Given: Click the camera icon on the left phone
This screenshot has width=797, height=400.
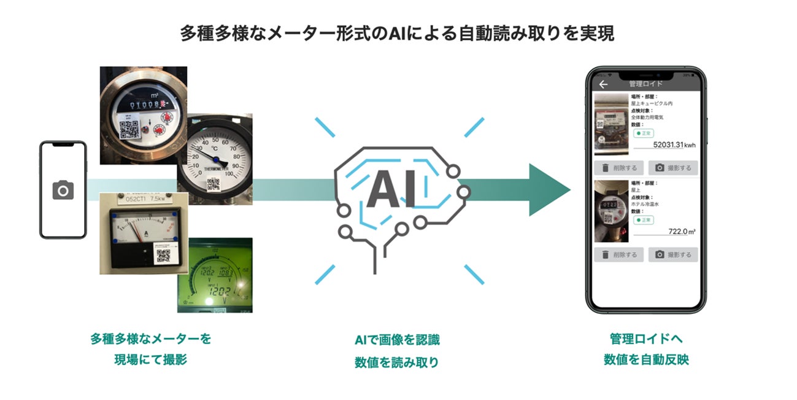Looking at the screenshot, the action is point(63,190).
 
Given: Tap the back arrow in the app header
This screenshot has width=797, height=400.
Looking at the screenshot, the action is point(603,84).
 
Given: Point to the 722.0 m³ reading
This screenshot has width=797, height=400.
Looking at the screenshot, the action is point(681,232).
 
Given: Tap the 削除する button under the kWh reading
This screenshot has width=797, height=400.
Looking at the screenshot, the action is point(618,168).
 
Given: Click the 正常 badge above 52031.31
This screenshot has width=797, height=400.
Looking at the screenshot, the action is point(644,133).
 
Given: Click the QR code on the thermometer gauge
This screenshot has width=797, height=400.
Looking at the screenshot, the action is point(214,183).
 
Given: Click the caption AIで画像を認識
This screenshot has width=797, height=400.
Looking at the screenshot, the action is point(397,340).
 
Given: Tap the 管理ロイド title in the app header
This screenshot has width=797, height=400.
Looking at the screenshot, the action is point(645,84).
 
